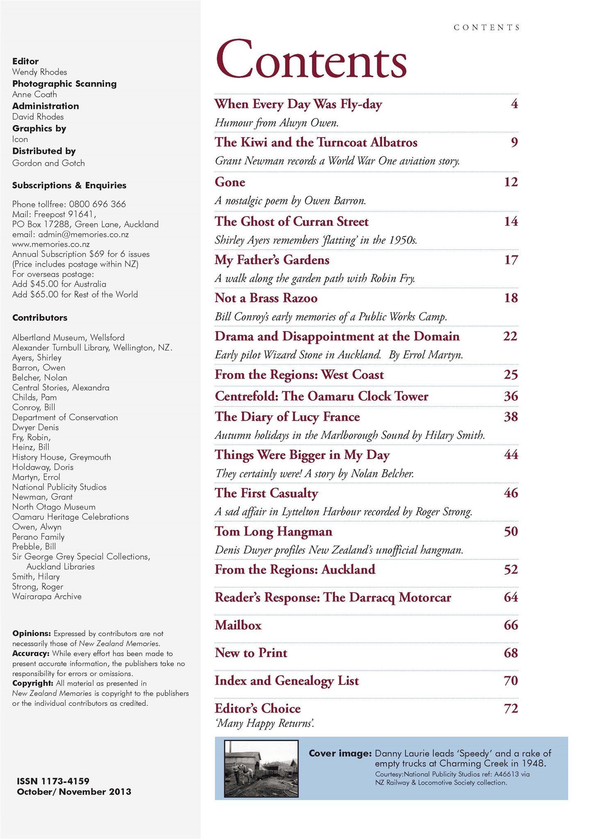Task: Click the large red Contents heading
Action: pos(311,60)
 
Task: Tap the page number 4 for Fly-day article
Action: pos(514,104)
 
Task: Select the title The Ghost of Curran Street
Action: pos(291,222)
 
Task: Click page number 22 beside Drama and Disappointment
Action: pos(510,336)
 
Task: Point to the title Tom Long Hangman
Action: pos(273,531)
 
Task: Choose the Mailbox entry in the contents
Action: pos(238,625)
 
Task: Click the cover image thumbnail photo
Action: pos(261,769)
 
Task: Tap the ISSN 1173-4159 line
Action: pos(53,781)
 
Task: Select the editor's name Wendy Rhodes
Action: pos(39,72)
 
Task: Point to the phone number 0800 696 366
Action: pos(97,204)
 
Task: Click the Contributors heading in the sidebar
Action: pos(40,317)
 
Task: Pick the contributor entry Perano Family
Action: pos(38,537)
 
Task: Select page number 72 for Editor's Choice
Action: pos(511,708)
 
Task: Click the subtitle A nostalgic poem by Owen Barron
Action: pos(290,201)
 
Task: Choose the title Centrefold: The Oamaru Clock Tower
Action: pos(321,396)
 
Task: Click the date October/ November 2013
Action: pos(74,791)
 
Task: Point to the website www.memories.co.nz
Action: pos(51,245)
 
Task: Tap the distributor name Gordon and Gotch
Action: pos(48,163)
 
